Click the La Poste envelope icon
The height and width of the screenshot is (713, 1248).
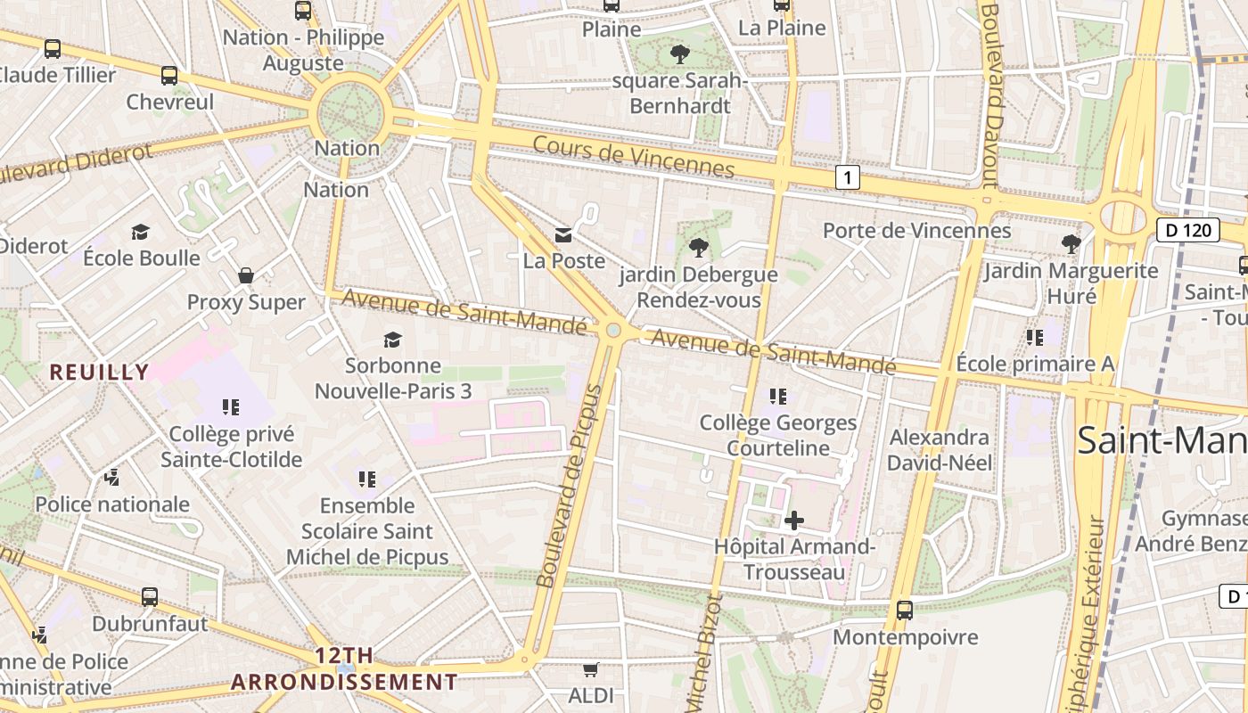563,235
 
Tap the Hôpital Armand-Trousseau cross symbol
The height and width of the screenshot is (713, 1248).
793,520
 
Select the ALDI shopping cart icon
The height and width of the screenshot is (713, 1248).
590,669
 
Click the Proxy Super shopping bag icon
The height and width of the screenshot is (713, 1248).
246,275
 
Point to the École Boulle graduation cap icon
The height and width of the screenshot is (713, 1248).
141,233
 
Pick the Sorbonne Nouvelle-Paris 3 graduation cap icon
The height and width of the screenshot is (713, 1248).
392,340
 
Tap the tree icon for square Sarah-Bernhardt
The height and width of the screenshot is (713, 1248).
679,54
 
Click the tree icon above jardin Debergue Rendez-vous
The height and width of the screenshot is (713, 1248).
698,247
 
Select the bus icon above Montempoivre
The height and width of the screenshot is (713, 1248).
905,611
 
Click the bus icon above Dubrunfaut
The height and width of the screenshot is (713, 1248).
150,597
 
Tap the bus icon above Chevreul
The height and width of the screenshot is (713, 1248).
169,76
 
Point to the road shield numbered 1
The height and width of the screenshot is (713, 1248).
847,178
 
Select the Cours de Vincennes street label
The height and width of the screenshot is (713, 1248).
633,156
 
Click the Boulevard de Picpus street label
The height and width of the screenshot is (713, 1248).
571,486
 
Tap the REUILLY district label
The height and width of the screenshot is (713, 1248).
99,372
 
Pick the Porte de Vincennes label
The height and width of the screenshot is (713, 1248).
916,231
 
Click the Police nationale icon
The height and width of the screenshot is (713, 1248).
111,478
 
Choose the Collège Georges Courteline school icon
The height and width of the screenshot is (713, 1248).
778,396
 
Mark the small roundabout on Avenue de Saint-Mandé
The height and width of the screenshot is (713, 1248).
613,331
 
